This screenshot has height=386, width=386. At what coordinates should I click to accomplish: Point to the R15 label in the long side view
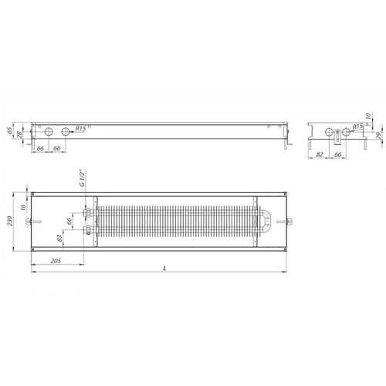coord(80,127)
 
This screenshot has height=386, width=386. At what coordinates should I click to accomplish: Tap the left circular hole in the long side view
coord(46,134)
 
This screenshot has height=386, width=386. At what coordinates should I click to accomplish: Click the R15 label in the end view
coord(357,126)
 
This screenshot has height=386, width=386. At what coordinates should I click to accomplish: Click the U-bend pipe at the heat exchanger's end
coord(266,222)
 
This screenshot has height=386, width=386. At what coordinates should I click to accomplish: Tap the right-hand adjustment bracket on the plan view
coord(290,222)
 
